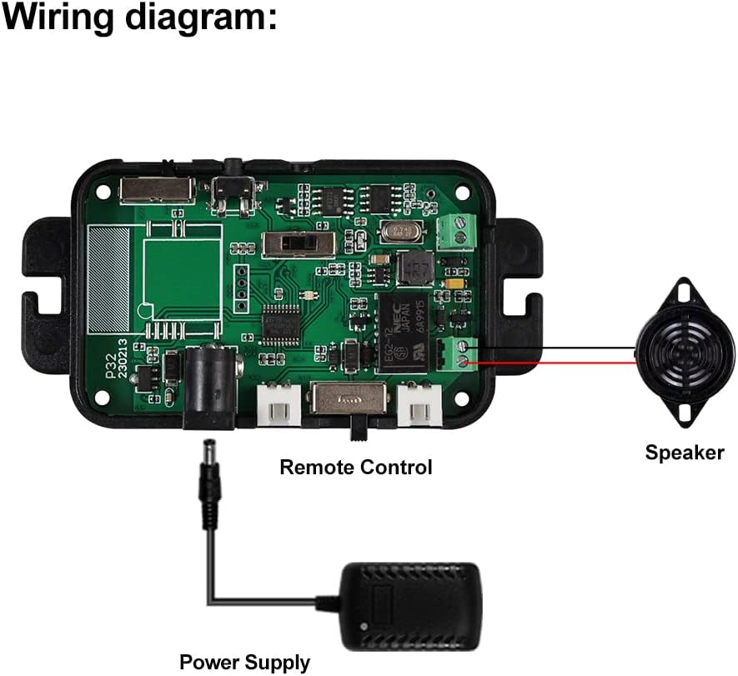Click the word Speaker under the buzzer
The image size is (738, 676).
(684, 453)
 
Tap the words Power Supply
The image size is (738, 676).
(244, 663)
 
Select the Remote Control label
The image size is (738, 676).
(355, 467)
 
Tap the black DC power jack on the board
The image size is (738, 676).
(212, 383)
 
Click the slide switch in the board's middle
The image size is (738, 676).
(298, 244)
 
